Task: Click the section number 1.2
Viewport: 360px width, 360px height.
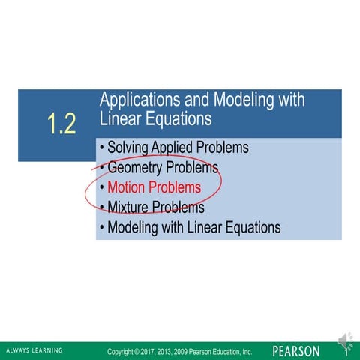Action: click(x=61, y=125)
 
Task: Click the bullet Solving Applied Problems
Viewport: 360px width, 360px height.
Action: click(x=177, y=148)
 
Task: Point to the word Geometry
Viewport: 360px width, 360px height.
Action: click(x=134, y=167)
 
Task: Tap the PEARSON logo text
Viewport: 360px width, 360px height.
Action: click(x=295, y=351)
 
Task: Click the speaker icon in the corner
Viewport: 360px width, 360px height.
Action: click(x=344, y=341)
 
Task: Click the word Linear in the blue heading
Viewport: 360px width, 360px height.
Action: click(x=122, y=119)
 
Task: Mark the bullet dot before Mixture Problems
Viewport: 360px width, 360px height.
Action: click(x=101, y=207)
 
